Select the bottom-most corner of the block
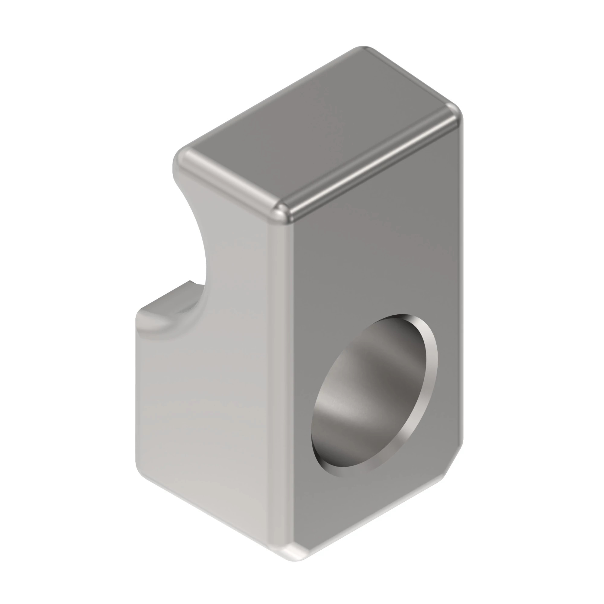pyautogui.click(x=294, y=558)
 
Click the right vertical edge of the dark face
pyautogui.click(x=461, y=281)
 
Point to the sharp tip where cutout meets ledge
pyautogui.click(x=190, y=281)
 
